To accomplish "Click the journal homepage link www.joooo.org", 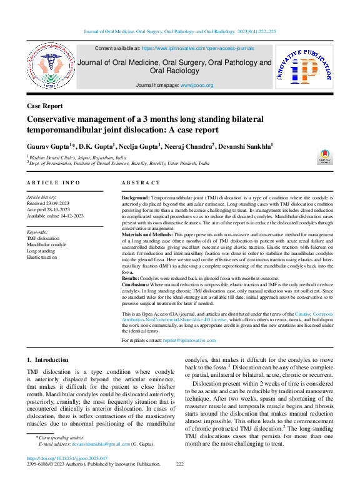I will (197, 85).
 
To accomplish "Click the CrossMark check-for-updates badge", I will (326, 157).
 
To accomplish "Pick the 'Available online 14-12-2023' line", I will (57, 216).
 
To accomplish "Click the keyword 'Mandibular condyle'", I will (46, 244).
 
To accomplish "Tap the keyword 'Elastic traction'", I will (42, 257).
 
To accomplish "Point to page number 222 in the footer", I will (180, 481).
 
